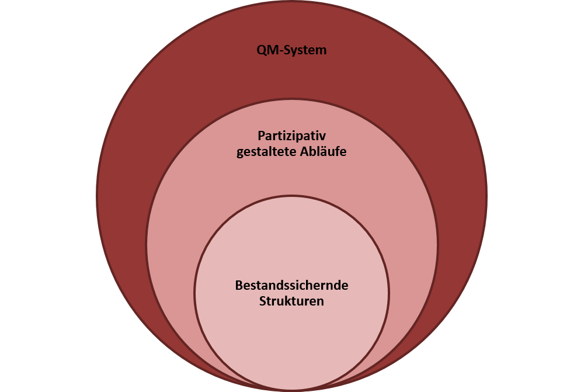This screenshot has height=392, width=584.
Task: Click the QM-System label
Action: (x=291, y=50)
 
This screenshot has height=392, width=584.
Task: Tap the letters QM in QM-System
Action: (x=267, y=50)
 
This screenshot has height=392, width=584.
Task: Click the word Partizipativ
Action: (x=291, y=136)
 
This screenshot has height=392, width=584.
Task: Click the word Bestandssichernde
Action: (x=291, y=286)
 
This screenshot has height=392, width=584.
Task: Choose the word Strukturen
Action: (x=291, y=302)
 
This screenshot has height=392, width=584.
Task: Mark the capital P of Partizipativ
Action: (x=262, y=136)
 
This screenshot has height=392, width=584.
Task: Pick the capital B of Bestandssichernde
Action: (x=239, y=286)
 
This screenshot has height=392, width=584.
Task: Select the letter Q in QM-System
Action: (x=261, y=50)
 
